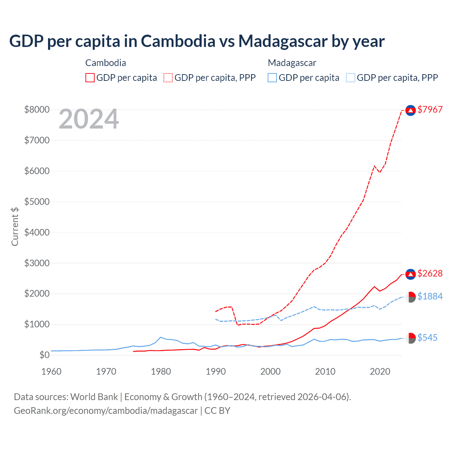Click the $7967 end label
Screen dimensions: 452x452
tap(430, 109)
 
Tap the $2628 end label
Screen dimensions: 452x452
tap(430, 273)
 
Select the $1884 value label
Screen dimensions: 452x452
tap(430, 296)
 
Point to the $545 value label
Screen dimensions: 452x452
tap(427, 338)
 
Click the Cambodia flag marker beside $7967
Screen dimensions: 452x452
tap(410, 111)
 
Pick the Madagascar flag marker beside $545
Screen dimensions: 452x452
tap(410, 338)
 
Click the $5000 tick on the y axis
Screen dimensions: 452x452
tap(37, 202)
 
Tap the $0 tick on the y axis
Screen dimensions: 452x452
tap(44, 355)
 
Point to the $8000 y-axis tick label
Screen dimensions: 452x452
tap(37, 109)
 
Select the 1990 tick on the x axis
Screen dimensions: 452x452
tap(216, 371)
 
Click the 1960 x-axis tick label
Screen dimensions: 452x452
tap(52, 371)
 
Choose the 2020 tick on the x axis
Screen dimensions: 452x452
tap(380, 371)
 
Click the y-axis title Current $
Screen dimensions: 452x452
tap(15, 226)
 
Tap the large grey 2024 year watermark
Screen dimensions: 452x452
tap(89, 119)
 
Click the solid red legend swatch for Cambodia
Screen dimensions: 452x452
tap(90, 78)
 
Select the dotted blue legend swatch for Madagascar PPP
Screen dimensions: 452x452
tap(351, 78)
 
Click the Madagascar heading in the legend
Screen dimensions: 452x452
tap(292, 63)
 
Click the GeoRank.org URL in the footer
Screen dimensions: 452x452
tap(106, 411)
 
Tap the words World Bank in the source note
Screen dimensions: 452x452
tap(94, 397)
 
